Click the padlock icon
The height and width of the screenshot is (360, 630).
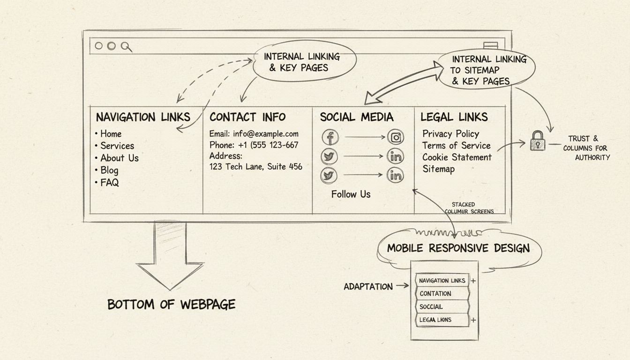pos(538,141)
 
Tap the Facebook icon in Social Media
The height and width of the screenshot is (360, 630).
pos(330,137)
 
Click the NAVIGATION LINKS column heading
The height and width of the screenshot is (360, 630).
pos(143,117)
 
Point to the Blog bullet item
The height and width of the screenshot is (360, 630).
pos(109,170)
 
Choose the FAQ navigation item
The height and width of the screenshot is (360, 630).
pos(109,182)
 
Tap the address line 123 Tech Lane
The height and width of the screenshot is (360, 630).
pos(255,166)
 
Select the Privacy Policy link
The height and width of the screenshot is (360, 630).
pos(450,134)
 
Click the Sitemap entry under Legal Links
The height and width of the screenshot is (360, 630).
pos(438,169)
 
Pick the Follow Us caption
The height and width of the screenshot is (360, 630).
pos(351,194)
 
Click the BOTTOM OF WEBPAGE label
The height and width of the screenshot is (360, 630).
pos(171,305)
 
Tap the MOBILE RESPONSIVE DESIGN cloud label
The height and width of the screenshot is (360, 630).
pos(458,248)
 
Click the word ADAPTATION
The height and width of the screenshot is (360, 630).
pos(368,286)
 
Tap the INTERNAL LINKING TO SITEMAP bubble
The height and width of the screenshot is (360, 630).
pos(487,70)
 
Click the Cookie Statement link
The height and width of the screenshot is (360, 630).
pos(457,157)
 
